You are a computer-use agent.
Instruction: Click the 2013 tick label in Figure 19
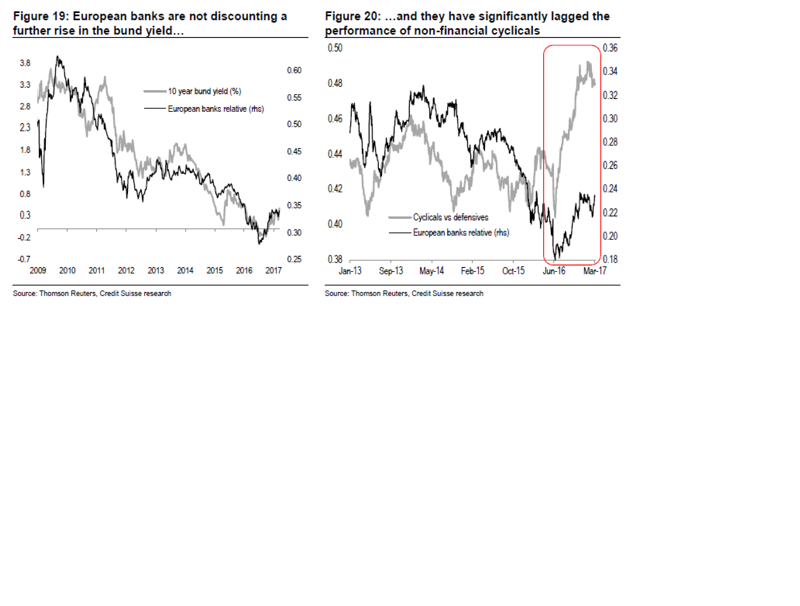(156, 270)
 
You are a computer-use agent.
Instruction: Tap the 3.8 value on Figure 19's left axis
(25, 63)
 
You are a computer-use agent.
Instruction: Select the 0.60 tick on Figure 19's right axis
(294, 70)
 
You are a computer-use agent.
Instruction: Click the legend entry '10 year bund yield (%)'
(204, 91)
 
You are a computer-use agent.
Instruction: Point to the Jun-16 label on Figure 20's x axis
(554, 271)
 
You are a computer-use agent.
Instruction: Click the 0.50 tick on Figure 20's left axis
(335, 48)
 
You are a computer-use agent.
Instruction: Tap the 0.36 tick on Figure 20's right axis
(610, 48)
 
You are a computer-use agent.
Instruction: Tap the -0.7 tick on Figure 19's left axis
(24, 259)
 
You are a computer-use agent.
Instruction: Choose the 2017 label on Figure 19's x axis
(273, 270)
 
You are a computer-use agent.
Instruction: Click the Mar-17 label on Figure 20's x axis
(595, 271)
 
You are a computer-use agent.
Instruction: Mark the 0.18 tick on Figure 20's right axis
(610, 259)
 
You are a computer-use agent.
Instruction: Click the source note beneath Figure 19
(92, 293)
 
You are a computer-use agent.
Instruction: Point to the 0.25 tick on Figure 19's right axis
(294, 259)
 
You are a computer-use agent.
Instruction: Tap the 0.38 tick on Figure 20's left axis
(335, 259)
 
